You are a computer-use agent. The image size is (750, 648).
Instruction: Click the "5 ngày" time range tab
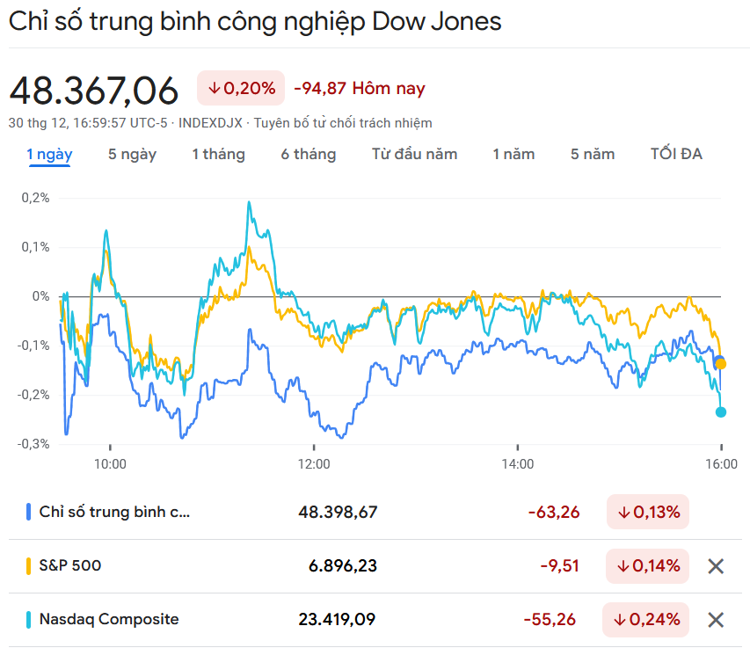tap(132, 155)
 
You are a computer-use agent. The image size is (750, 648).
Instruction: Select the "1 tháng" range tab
tap(219, 155)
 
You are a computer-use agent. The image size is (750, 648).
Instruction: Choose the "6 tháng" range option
tap(309, 155)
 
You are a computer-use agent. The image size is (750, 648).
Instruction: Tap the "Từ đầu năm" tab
tap(414, 155)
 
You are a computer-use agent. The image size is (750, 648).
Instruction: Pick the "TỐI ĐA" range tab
tap(676, 155)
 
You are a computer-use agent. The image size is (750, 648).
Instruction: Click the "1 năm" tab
tap(513, 155)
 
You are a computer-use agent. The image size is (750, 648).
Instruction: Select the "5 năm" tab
tap(593, 155)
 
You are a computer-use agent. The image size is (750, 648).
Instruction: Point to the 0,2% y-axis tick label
tap(35, 198)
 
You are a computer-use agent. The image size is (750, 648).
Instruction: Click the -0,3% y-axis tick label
tap(33, 444)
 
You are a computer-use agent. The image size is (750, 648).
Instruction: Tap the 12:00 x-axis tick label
tap(314, 463)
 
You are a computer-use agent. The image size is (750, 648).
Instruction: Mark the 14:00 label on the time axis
tap(518, 463)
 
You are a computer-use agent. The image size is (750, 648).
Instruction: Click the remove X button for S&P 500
tap(716, 566)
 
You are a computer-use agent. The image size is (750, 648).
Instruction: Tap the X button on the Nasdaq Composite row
tap(716, 620)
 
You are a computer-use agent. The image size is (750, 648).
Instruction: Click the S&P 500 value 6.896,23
tap(343, 566)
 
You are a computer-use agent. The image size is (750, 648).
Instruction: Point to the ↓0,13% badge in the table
tap(648, 512)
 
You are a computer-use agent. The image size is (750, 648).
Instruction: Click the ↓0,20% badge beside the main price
tap(241, 88)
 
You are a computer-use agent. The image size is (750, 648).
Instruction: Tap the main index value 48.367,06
tap(94, 91)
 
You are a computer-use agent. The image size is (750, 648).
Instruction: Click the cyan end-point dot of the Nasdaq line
tap(721, 411)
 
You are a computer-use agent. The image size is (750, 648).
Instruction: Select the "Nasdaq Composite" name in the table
tap(109, 620)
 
